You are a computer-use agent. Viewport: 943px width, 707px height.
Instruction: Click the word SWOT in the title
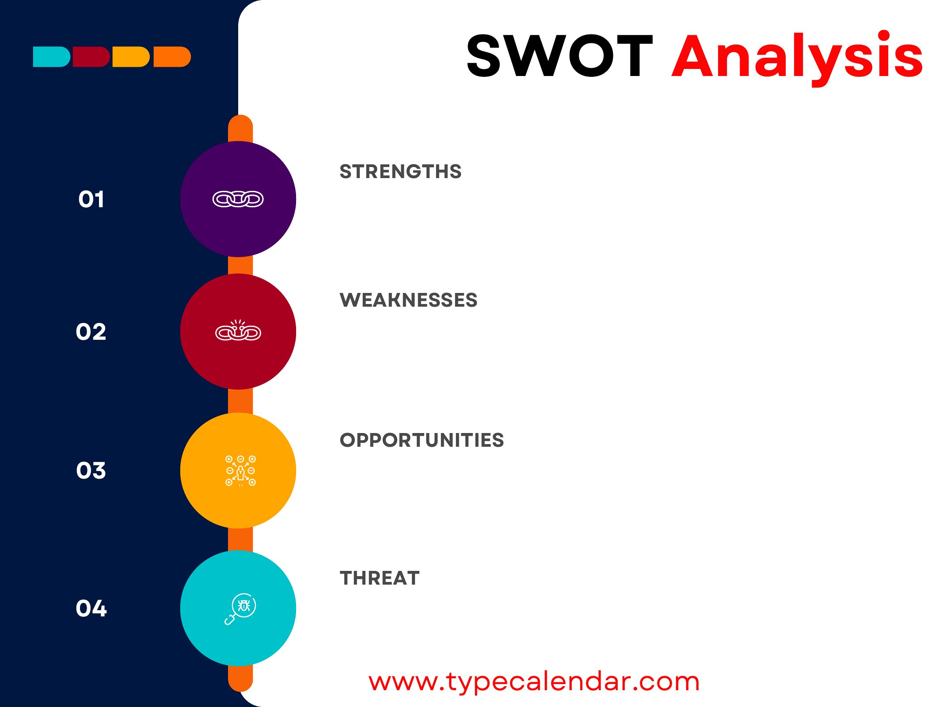pyautogui.click(x=559, y=56)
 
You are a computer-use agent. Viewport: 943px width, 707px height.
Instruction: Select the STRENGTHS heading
pyautogui.click(x=400, y=171)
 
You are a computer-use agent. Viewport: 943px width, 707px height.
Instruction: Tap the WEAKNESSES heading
pyautogui.click(x=408, y=300)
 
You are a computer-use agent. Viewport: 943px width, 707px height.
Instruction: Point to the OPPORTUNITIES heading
pyautogui.click(x=422, y=440)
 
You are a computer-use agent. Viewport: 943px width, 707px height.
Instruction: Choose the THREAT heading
pyautogui.click(x=380, y=578)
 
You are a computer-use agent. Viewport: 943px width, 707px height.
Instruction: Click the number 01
pyautogui.click(x=91, y=199)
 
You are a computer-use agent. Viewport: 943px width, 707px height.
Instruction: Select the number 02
pyautogui.click(x=91, y=332)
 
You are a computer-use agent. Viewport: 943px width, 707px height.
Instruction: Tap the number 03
pyautogui.click(x=91, y=470)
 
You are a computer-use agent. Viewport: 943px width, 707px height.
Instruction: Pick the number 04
pyautogui.click(x=91, y=608)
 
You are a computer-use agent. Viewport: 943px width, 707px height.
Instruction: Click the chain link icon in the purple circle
pyautogui.click(x=238, y=199)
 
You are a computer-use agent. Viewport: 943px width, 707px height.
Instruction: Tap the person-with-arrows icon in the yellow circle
pyautogui.click(x=240, y=471)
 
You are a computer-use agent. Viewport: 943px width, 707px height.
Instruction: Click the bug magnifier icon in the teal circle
pyautogui.click(x=240, y=609)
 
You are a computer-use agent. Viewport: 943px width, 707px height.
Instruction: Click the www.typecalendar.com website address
pyautogui.click(x=534, y=682)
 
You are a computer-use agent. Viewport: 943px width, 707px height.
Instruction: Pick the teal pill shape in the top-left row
pyautogui.click(x=52, y=57)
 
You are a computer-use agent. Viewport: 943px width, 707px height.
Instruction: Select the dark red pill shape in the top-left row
pyautogui.click(x=91, y=57)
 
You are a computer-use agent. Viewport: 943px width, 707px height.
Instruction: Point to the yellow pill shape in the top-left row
pyautogui.click(x=131, y=57)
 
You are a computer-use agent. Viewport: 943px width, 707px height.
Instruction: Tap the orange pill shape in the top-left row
pyautogui.click(x=172, y=57)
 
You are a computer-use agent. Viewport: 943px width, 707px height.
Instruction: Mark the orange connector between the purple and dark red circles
pyautogui.click(x=240, y=265)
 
